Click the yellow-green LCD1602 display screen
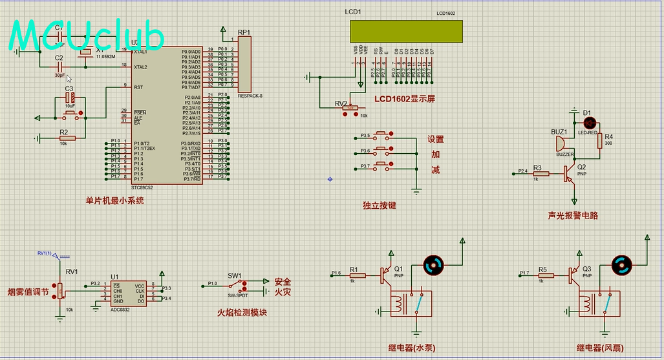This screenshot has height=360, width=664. (x=406, y=31)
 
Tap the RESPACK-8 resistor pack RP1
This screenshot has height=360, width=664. (x=244, y=64)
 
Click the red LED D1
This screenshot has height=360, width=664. (x=587, y=122)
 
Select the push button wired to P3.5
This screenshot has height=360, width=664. (x=382, y=136)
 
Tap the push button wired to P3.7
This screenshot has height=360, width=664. (x=382, y=167)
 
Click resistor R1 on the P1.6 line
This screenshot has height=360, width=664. (x=357, y=275)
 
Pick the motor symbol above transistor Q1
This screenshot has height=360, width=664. (x=433, y=264)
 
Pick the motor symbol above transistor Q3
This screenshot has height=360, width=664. (x=622, y=264)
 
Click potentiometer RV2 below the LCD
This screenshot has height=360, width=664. (x=350, y=108)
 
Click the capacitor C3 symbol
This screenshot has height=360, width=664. (x=70, y=98)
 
